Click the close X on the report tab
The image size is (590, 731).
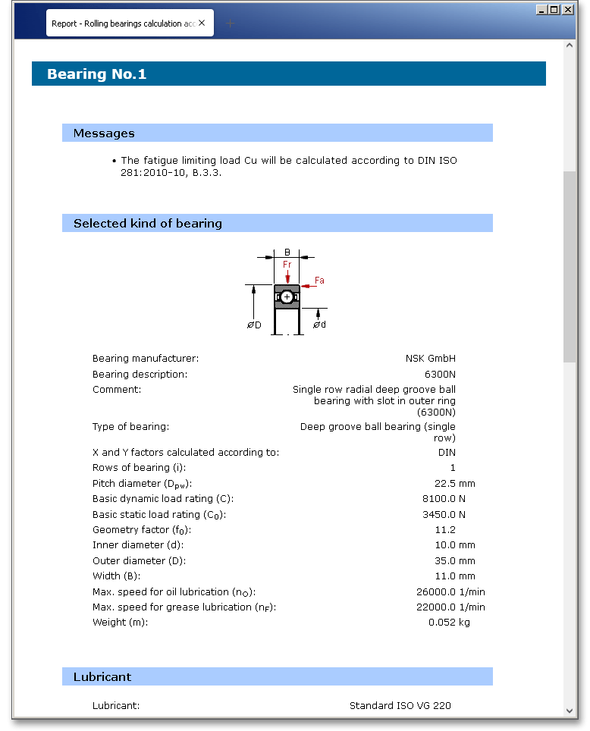(x=202, y=24)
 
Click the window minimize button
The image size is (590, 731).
(x=541, y=10)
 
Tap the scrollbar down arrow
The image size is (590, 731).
(x=570, y=711)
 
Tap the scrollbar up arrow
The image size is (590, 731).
(x=570, y=45)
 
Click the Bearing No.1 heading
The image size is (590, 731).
(x=97, y=74)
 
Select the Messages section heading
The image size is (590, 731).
(x=104, y=133)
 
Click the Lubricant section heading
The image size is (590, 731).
(x=102, y=677)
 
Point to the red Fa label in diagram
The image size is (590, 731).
(x=319, y=281)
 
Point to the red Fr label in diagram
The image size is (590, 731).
(x=287, y=265)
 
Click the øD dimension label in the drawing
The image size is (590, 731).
(x=254, y=325)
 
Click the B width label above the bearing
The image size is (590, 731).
(x=287, y=252)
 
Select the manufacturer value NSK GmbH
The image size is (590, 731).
(x=431, y=359)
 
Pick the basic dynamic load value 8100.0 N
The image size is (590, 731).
(x=444, y=499)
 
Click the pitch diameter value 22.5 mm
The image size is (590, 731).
(x=454, y=484)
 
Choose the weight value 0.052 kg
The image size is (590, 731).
(x=449, y=623)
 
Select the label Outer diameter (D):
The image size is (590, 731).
(x=138, y=561)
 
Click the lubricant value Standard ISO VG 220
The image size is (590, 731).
(x=400, y=706)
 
